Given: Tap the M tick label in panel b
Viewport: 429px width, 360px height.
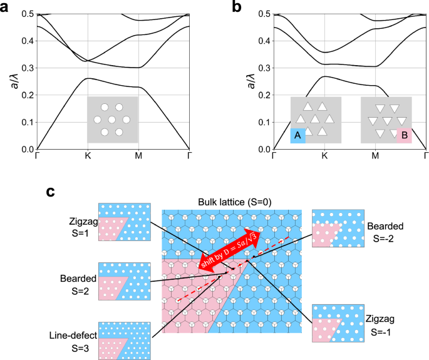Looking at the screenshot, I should tap(375, 157).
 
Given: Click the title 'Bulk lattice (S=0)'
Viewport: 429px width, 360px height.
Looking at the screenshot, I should tap(232, 202).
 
